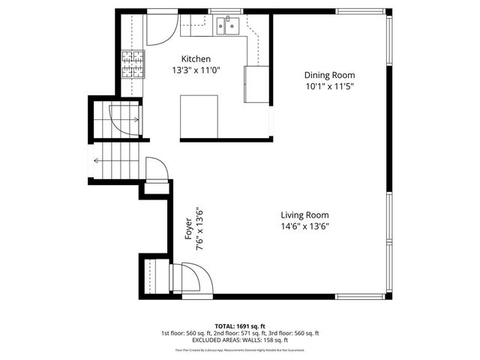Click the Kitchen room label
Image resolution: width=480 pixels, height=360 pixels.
[x=196, y=58]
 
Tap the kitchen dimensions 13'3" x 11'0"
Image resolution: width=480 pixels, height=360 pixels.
[x=196, y=71]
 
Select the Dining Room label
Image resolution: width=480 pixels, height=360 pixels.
[x=329, y=75]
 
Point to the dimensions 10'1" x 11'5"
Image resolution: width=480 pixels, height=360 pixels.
[x=329, y=87]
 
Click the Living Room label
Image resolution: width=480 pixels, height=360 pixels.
[x=305, y=214]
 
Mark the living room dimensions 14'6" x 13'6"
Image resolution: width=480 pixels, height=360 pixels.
[x=305, y=226]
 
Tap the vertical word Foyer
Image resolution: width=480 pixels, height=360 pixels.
[x=189, y=228]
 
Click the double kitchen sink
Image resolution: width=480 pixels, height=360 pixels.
[x=228, y=27]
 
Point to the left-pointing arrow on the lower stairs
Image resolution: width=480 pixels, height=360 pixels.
[x=97, y=159]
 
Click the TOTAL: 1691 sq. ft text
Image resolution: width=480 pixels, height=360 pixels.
[x=240, y=326]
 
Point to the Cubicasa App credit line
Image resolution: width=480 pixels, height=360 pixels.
[x=240, y=349]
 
